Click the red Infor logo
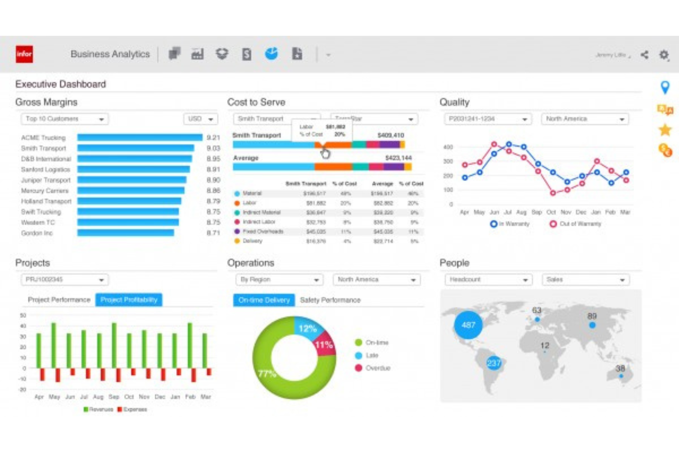(24, 54)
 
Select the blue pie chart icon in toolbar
(271, 54)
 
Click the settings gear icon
(664, 55)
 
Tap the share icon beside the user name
(645, 55)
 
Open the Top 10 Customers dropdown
(64, 119)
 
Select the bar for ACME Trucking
(139, 137)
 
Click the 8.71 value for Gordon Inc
(213, 233)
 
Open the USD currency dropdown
(200, 119)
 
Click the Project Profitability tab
(128, 300)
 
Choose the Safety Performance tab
(330, 300)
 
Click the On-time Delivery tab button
(264, 300)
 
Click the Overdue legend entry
(373, 368)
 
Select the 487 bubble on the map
(468, 325)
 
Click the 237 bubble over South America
(494, 363)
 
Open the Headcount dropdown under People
(488, 280)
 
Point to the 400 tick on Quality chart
(448, 147)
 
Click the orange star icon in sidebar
(665, 130)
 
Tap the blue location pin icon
(665, 87)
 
